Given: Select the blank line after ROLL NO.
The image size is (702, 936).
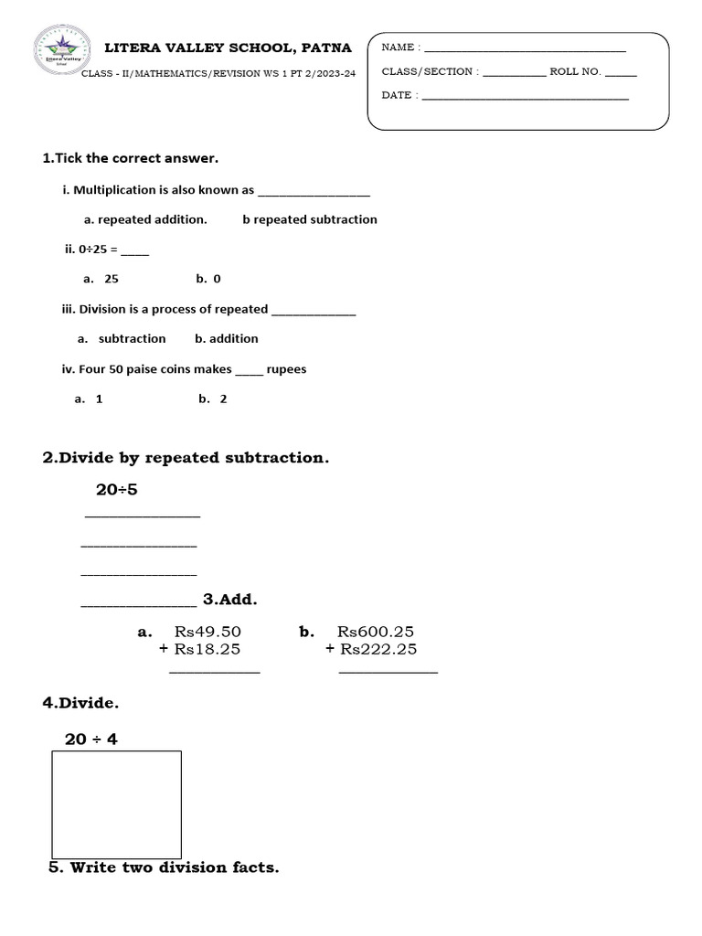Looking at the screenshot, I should (x=621, y=73).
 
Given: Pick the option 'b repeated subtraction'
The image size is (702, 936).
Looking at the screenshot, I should (x=310, y=219).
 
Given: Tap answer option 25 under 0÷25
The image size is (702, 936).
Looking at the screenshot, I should (x=112, y=279).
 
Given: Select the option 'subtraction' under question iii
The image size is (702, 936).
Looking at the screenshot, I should (x=132, y=338).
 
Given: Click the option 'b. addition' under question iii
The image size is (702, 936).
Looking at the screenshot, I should (x=227, y=338).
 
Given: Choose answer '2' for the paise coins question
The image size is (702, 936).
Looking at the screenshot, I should (x=223, y=399).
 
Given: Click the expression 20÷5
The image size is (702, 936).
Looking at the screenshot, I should (x=117, y=490).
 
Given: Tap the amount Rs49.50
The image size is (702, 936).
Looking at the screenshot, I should (x=207, y=632).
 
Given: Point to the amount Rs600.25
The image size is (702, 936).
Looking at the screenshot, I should (x=376, y=632).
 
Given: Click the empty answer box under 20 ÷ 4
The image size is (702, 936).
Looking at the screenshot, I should (x=117, y=804).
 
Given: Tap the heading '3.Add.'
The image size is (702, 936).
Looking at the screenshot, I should (x=230, y=600).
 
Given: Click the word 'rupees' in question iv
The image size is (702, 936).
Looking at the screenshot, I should (x=286, y=369).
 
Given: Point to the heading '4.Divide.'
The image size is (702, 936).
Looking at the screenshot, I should (x=80, y=703).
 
